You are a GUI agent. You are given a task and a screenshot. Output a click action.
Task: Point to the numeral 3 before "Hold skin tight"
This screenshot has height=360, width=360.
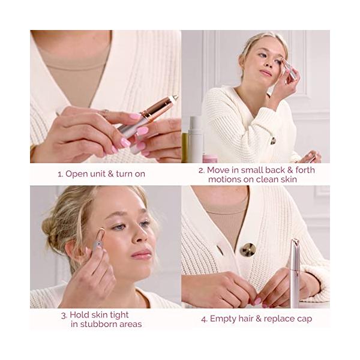(64, 316)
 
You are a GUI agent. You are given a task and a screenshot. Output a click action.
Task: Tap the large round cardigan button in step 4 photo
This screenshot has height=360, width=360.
(247, 250)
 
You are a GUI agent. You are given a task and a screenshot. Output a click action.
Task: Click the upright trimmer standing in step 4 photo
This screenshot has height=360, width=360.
(295, 273)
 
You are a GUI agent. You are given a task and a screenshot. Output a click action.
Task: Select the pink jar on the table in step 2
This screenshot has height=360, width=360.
(210, 158)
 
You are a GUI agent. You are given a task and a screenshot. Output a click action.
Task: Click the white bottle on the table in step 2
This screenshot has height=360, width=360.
(196, 139)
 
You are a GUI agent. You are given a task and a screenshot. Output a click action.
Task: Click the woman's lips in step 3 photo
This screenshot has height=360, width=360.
(141, 254)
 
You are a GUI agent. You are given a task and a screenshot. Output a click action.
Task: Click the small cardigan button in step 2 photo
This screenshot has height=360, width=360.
(273, 141)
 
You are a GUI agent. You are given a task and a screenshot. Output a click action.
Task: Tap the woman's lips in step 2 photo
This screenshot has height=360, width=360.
(266, 73)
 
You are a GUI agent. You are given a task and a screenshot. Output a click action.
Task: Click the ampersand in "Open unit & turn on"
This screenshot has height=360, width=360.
(110, 174)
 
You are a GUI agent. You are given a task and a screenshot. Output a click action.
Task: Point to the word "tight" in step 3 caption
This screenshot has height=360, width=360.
(119, 315)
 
